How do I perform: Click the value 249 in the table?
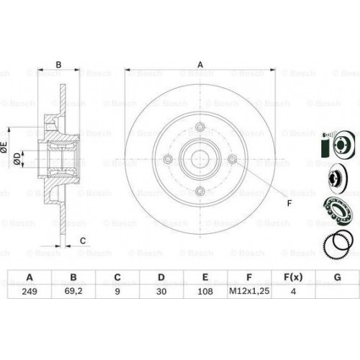click(x=30, y=292)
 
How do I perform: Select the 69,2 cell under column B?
click(x=73, y=291)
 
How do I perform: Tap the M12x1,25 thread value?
click(x=249, y=291)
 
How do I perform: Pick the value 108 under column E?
click(x=205, y=292)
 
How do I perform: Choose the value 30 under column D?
click(x=161, y=292)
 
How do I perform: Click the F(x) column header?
click(x=293, y=277)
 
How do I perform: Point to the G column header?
click(x=338, y=277)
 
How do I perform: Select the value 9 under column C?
click(x=117, y=292)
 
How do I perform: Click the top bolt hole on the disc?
click(x=200, y=127)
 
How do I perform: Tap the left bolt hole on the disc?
click(x=168, y=159)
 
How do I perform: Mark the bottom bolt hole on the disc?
click(x=200, y=192)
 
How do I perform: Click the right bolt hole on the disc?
click(x=233, y=159)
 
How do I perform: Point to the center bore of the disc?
click(x=200, y=159)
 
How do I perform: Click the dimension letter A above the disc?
click(x=200, y=65)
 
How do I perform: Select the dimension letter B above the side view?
click(x=58, y=65)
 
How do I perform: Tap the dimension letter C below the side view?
click(x=83, y=240)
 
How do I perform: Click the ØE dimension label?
click(x=4, y=147)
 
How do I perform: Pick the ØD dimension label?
click(x=17, y=158)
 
